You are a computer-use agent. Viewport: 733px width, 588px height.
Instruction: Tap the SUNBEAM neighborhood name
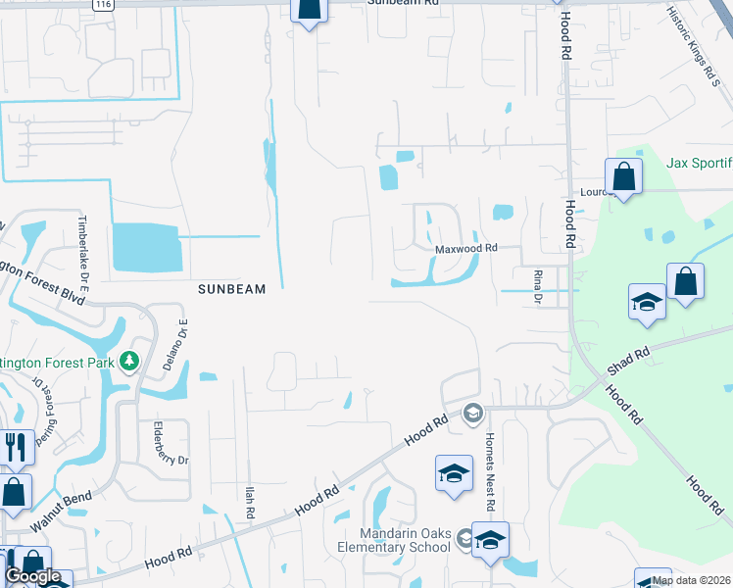click(x=231, y=289)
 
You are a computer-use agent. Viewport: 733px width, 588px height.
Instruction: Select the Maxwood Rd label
click(x=466, y=249)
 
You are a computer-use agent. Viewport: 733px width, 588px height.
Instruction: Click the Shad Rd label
click(x=629, y=357)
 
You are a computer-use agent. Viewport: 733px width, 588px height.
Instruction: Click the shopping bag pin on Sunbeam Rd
click(x=309, y=9)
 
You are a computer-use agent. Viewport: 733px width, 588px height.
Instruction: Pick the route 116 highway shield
click(x=102, y=5)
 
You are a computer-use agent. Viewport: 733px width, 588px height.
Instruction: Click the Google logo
click(x=33, y=576)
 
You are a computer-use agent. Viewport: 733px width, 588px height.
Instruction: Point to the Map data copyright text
click(x=692, y=580)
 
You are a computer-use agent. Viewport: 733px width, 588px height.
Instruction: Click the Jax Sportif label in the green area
click(x=699, y=163)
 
